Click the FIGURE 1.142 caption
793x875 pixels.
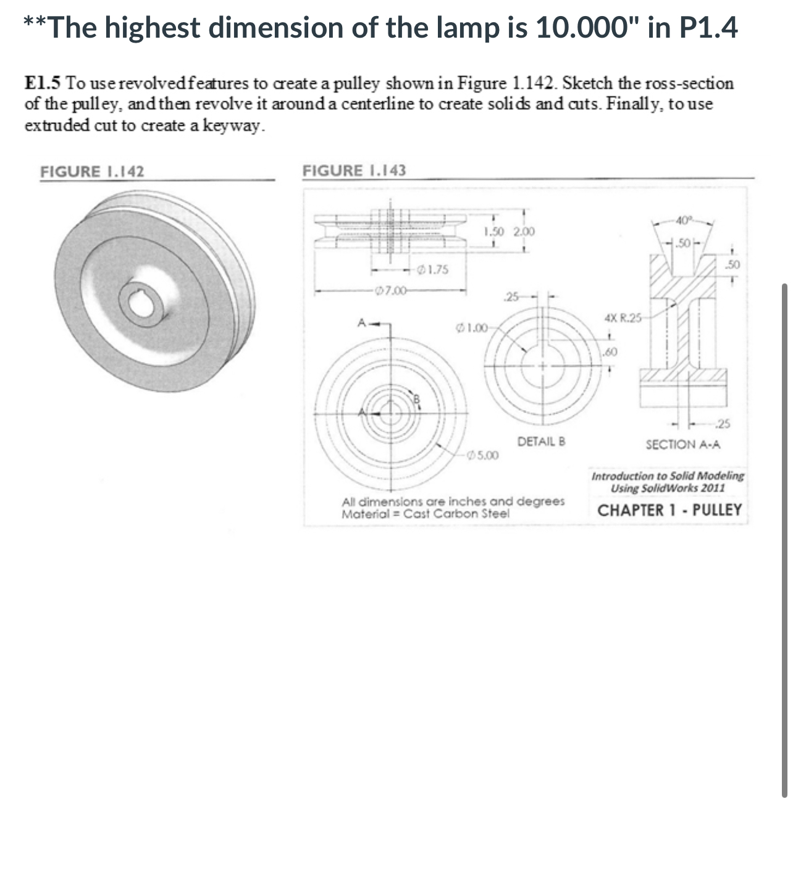tap(92, 172)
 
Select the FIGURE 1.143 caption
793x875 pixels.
tap(354, 170)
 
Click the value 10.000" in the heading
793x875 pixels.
tap(587, 28)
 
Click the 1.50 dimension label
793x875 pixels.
tap(495, 232)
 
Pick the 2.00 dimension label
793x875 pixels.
tap(524, 232)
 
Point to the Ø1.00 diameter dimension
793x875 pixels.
tap(472, 327)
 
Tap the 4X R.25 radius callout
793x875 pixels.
tap(623, 319)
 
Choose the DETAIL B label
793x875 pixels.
tap(541, 442)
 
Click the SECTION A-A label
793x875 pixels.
tap(682, 445)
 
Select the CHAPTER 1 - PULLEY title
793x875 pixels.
tap(669, 510)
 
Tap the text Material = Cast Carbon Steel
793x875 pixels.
tap(426, 514)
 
